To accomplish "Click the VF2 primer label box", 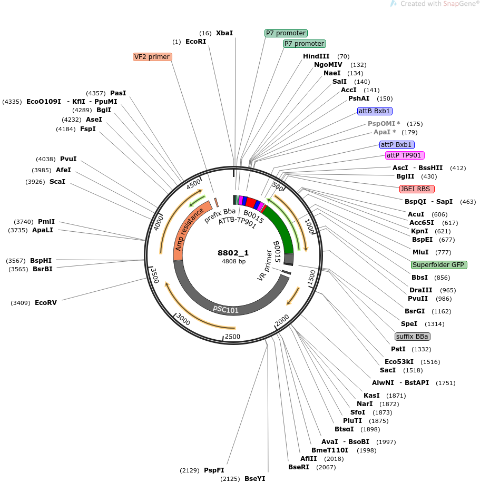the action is coord(152,57).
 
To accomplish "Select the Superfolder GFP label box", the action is coord(439,265).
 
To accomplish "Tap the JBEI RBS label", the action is coord(417,189).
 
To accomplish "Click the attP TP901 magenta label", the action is coord(405,155).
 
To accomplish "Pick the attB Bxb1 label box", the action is coord(375,111).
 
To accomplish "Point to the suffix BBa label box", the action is coord(412,337).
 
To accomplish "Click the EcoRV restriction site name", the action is coord(46,303).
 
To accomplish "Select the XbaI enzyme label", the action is coord(224,33).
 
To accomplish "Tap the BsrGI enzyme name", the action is coord(415,311).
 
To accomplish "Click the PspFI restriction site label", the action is coord(214,470).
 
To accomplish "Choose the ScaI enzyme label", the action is coord(57,181).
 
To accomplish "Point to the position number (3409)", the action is coord(21,303).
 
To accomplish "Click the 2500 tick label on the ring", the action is coord(232,337).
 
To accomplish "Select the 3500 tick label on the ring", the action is coord(154,275).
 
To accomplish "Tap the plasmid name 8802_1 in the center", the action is coord(233,253).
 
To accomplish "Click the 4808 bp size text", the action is coord(233,261).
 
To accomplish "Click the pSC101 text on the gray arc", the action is coord(226,309).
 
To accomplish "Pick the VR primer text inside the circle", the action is coord(265,265).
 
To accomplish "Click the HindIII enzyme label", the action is coord(316,56).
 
